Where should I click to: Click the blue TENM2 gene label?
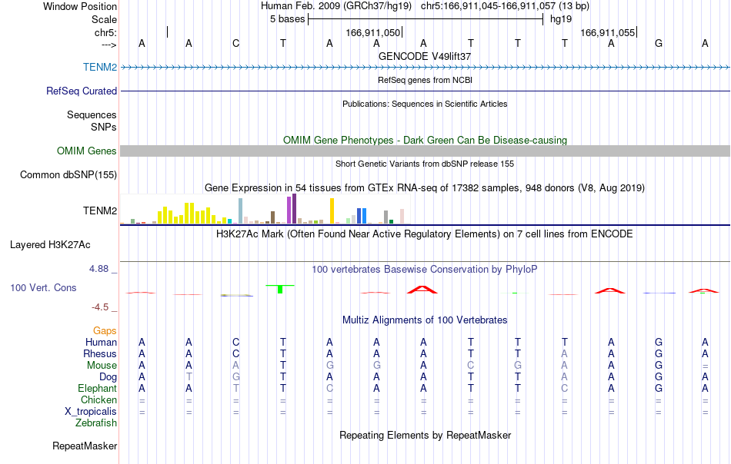[100, 67]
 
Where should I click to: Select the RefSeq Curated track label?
[81, 91]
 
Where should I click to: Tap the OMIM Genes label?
[86, 151]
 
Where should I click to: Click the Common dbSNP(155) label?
[68, 174]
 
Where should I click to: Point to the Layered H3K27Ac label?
[50, 245]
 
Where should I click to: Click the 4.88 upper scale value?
[98, 269]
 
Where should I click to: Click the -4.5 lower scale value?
[100, 307]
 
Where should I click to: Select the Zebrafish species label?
[96, 423]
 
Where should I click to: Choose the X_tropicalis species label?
[91, 412]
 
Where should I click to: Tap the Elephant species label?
[97, 388]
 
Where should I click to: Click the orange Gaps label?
[105, 330]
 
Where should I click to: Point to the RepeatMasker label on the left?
[85, 446]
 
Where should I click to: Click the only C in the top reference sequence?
[236, 43]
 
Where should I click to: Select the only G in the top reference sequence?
[658, 43]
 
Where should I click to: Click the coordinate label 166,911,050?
[373, 32]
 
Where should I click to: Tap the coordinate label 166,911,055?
[607, 32]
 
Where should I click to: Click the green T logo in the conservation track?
[280, 289]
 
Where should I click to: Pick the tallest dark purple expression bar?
[294, 208]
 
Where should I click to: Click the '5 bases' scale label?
[287, 19]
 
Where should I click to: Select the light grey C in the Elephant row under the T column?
[565, 388]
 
